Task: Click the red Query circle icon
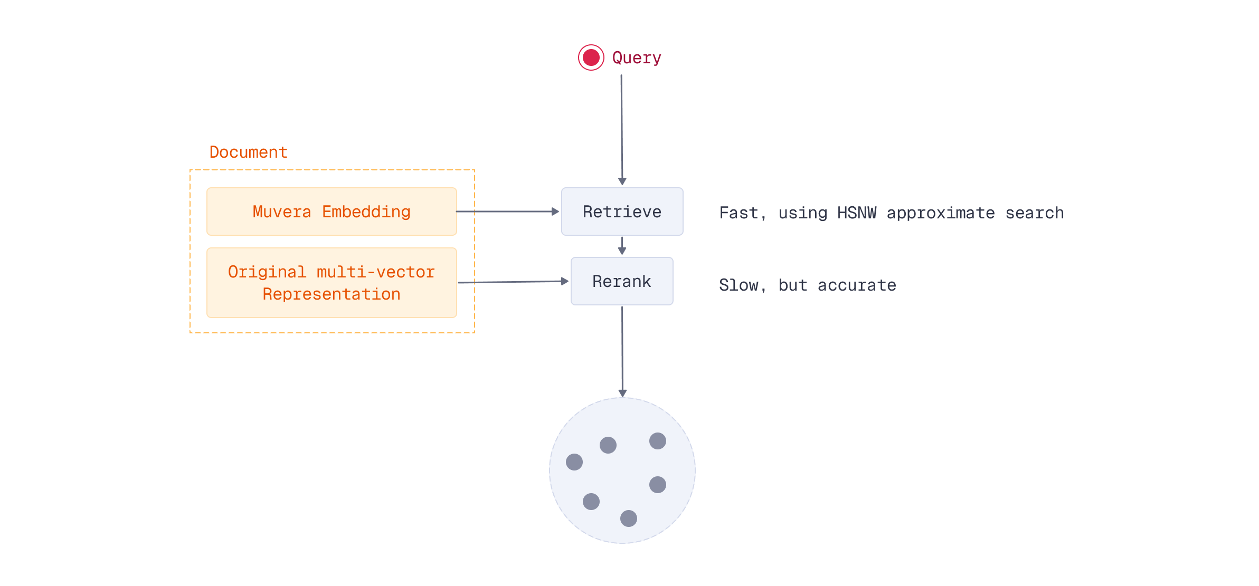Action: tap(591, 57)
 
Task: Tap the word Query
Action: tap(637, 57)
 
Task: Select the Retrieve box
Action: tap(622, 212)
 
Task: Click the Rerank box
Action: tap(622, 281)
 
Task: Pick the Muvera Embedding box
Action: tap(332, 212)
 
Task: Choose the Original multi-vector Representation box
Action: tap(332, 283)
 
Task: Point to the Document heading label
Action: tap(248, 152)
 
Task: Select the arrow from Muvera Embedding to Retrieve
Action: tap(507, 212)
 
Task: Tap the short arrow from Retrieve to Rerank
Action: tap(622, 246)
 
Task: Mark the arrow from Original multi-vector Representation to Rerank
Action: tap(512, 282)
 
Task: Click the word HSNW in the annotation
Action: tap(856, 213)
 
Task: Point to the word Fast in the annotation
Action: tap(739, 213)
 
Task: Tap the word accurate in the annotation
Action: tap(856, 285)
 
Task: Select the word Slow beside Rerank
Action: tap(739, 285)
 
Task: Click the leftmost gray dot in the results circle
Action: tap(574, 462)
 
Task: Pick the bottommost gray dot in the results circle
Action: tap(629, 518)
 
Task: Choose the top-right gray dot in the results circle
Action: tap(658, 441)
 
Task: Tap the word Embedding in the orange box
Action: tap(366, 212)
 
